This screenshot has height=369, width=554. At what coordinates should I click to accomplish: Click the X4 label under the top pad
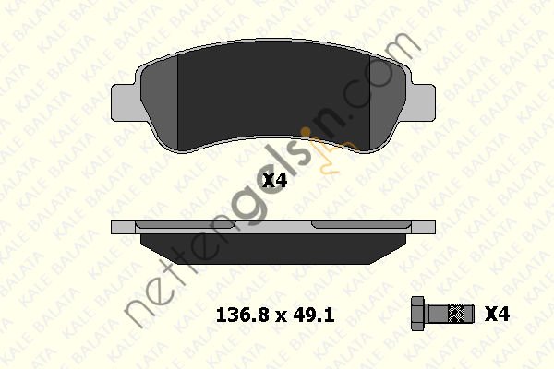coord(274,181)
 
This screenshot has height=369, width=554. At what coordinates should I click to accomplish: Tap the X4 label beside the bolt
coord(497,314)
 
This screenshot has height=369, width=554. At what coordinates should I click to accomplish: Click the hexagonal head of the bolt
coord(419,314)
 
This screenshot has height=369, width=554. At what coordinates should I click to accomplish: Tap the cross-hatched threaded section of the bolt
coord(455,314)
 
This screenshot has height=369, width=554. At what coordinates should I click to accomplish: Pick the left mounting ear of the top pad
coord(125,103)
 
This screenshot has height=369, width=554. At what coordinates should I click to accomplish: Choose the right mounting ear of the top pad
coord(423,103)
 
